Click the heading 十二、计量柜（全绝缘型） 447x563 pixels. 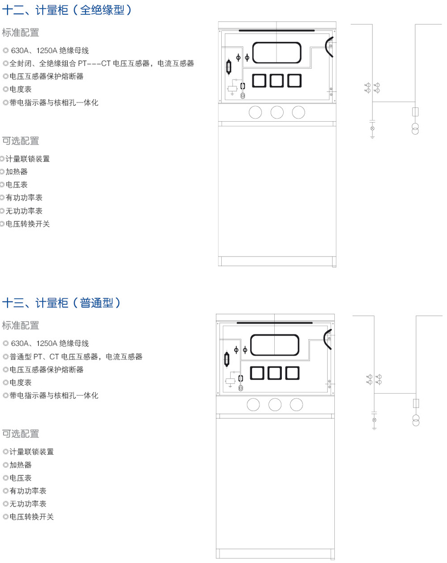pyautogui.click(x=67, y=10)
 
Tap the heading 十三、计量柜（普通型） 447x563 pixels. pyautogui.click(x=62, y=303)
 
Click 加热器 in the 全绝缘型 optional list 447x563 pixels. pyautogui.click(x=17, y=172)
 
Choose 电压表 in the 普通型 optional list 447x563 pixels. pyautogui.click(x=21, y=478)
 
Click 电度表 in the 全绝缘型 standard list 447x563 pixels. pyautogui.click(x=21, y=89)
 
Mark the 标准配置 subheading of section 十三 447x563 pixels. pyautogui.click(x=21, y=325)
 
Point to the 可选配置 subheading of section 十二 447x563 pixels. pyautogui.click(x=21, y=141)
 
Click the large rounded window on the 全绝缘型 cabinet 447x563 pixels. pyautogui.click(x=276, y=53)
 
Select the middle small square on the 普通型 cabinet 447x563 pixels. pyautogui.click(x=275, y=373)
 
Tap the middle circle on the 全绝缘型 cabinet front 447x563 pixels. pyautogui.click(x=277, y=112)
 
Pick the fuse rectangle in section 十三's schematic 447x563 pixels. pyautogui.click(x=416, y=403)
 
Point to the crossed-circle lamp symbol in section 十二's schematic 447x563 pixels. pyautogui.click(x=372, y=129)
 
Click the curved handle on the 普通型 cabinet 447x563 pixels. pyautogui.click(x=327, y=339)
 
